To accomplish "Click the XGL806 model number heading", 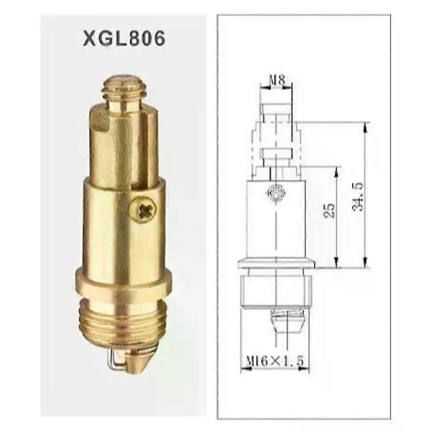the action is [124, 38].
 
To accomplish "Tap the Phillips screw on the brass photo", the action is [143, 209].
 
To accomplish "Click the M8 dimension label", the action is [276, 81].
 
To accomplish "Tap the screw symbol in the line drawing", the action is [275, 193].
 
